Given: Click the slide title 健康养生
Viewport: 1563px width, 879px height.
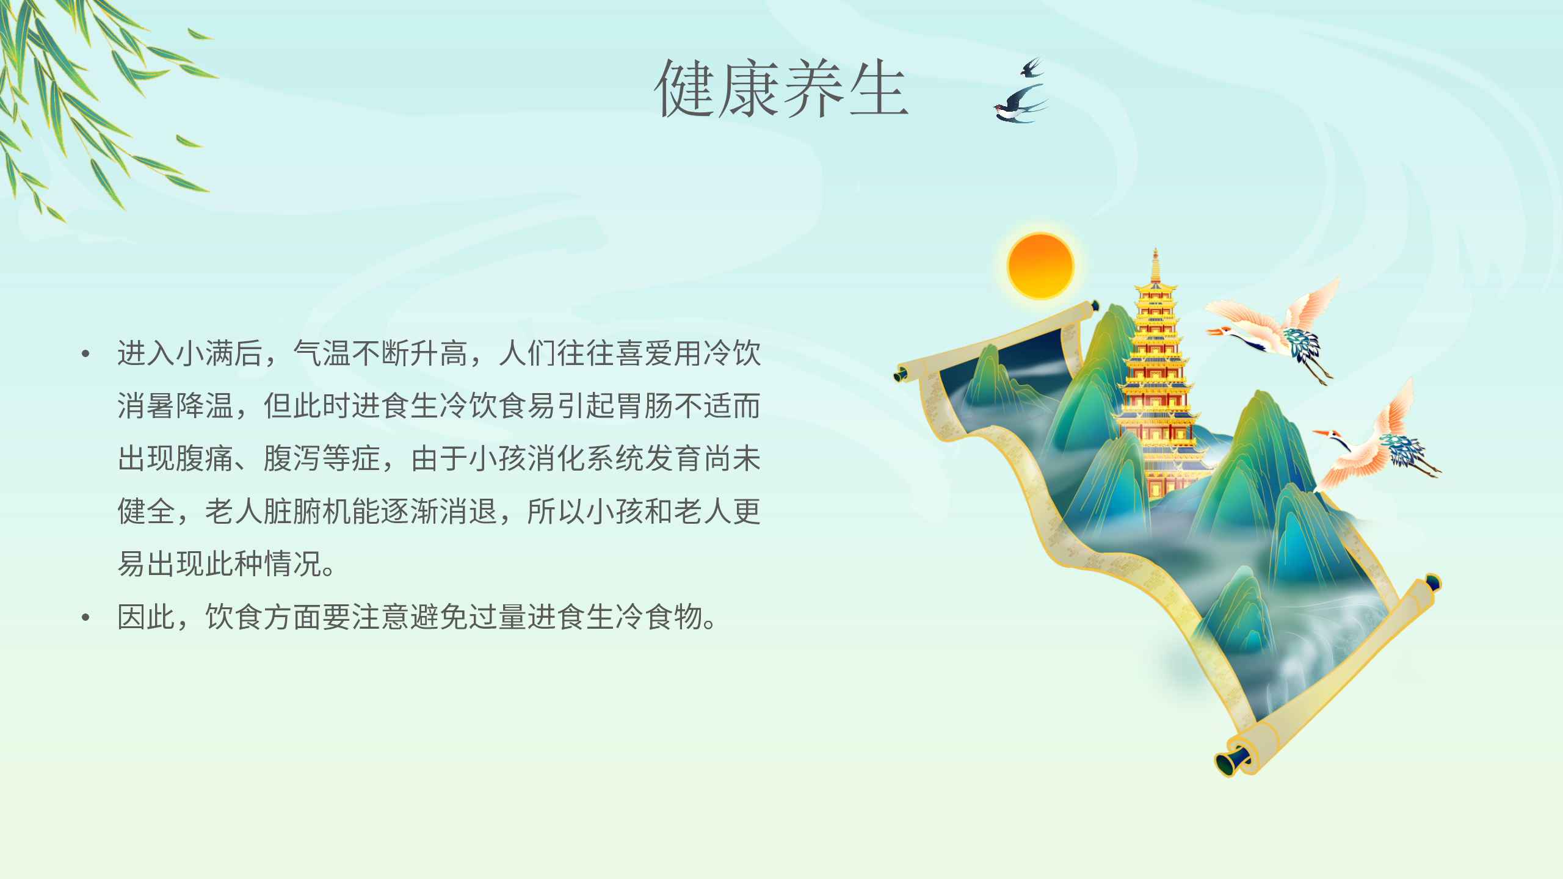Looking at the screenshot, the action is [781, 89].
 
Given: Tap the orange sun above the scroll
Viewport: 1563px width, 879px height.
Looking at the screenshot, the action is [1040, 266].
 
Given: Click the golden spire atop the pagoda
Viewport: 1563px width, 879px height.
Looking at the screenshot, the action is [1155, 265].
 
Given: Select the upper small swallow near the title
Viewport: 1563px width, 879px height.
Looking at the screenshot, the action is [1031, 67].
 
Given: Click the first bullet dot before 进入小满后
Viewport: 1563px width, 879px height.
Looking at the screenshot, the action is [85, 353].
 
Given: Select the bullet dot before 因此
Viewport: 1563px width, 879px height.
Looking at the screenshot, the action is [85, 617].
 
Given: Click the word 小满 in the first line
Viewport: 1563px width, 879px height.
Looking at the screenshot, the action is [205, 353].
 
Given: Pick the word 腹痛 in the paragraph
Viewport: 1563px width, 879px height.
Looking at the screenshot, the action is [205, 459].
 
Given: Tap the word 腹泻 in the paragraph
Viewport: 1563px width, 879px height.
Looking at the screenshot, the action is [292, 459].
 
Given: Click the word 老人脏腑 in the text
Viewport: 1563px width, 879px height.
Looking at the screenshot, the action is [263, 512].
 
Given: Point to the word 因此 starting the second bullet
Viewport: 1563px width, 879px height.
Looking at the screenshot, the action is [147, 617].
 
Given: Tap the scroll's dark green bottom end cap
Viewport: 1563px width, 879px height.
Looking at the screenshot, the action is [1228, 762].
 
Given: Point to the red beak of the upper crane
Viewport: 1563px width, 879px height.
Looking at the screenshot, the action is [1214, 331].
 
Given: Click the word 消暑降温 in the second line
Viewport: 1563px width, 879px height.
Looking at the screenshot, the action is [176, 406].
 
